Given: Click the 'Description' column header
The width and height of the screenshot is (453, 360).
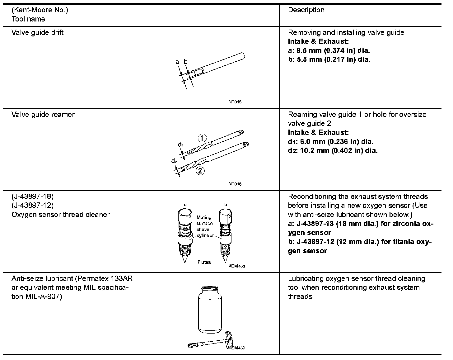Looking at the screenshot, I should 306,10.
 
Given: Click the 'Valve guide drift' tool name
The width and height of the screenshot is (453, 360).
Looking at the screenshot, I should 37,32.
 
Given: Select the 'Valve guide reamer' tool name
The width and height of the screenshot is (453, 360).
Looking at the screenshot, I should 43,114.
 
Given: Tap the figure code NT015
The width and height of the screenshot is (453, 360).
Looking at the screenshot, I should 235,102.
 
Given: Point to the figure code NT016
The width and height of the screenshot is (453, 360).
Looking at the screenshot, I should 235,184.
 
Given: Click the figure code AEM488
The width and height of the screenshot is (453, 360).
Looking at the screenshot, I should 236,266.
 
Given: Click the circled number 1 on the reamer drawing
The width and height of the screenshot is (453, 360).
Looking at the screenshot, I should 202,138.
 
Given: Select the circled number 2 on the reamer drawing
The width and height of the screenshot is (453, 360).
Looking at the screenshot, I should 200,171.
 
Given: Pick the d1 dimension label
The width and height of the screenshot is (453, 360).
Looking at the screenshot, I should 181,145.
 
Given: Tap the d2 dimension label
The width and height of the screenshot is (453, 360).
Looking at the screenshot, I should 174,161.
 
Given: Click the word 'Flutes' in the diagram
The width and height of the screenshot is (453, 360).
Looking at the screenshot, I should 204,262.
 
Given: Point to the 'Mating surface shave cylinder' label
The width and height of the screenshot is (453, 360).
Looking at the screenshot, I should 205,226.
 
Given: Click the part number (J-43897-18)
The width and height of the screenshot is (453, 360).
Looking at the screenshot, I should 32,197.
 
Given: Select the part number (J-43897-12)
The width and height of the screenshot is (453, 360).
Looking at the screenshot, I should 32,205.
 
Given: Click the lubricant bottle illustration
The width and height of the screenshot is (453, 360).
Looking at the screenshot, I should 210,310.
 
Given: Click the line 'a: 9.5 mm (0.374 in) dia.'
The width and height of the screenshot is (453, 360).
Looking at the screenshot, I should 329,50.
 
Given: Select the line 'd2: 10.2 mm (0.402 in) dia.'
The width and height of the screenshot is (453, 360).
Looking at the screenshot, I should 333,151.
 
